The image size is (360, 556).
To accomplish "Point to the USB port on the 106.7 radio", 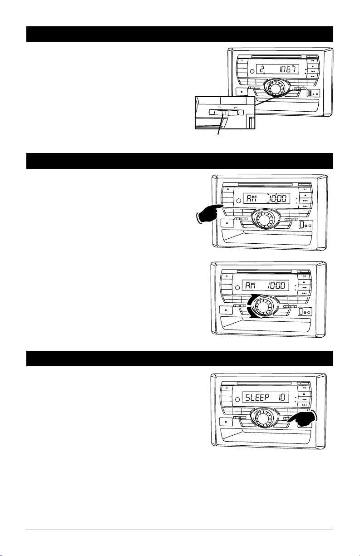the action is pyautogui.click(x=310, y=93).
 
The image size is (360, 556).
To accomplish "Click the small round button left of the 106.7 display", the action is pyautogui.click(x=252, y=72).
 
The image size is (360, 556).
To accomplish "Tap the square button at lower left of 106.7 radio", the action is pyautogui.click(x=242, y=92).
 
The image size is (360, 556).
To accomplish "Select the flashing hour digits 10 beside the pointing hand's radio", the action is pyautogui.click(x=273, y=199).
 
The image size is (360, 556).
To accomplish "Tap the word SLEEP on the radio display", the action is pyautogui.click(x=257, y=398).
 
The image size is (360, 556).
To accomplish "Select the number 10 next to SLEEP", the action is pyautogui.click(x=282, y=398).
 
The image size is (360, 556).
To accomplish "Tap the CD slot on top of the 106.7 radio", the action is pyautogui.click(x=279, y=57).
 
